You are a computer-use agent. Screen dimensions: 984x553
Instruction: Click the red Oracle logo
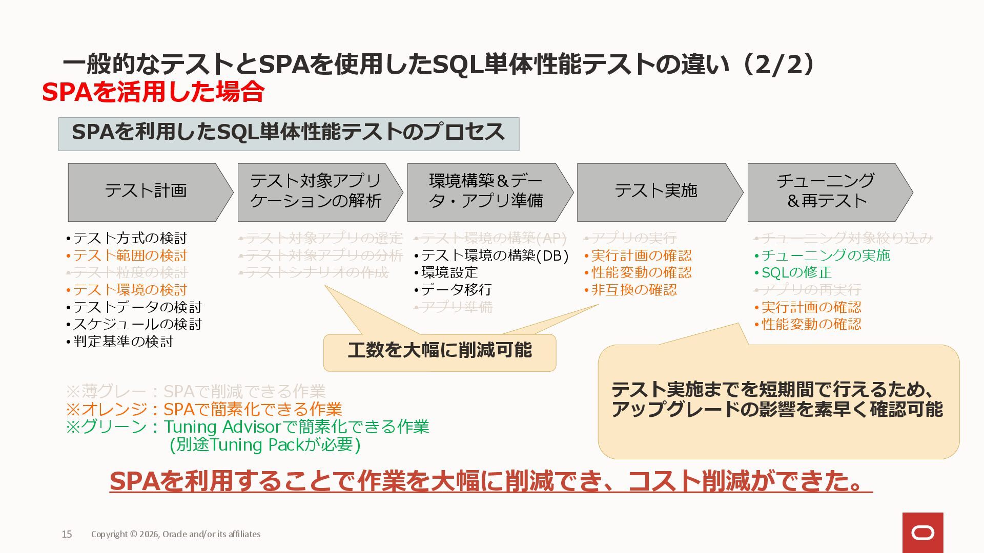point(922,533)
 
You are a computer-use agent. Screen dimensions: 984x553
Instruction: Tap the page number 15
point(67,534)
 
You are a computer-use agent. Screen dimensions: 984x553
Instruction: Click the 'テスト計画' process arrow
point(146,192)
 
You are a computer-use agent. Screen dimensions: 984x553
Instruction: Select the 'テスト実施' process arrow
point(656,192)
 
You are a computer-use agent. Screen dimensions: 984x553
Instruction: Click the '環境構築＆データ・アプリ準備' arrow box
point(486,192)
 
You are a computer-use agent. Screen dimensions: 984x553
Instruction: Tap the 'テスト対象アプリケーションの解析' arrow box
point(316,192)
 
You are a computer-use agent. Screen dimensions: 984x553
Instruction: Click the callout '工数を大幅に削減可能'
point(440,351)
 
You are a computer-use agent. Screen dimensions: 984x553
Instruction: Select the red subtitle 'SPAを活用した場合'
point(153,92)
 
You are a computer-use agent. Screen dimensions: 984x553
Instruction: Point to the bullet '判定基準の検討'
point(123,342)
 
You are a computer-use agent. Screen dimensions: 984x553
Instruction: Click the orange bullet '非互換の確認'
point(634,290)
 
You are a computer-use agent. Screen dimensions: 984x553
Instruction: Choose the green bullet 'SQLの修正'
point(796,272)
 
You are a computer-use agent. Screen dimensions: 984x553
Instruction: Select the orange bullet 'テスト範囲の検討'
point(130,256)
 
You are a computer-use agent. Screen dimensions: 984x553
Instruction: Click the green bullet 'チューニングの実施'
point(825,255)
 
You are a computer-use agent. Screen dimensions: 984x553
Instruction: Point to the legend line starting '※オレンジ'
point(204,409)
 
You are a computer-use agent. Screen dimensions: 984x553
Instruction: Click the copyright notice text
point(176,534)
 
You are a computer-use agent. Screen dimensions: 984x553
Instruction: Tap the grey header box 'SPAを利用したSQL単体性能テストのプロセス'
point(289,134)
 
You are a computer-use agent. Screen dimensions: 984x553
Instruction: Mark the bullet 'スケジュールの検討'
point(137,324)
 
